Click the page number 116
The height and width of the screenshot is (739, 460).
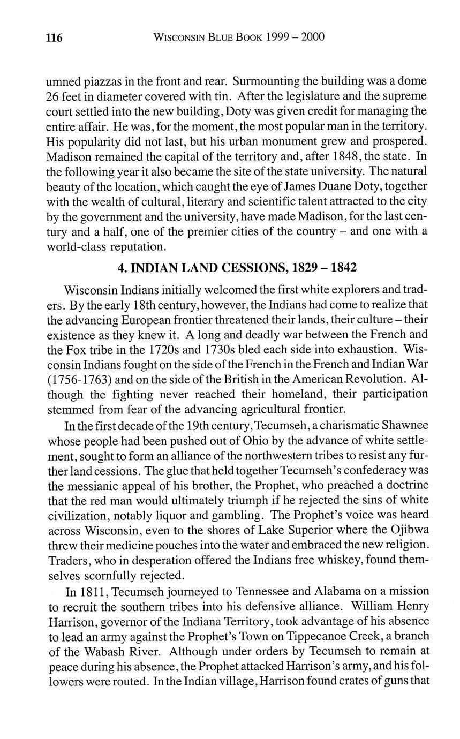[x=54, y=37]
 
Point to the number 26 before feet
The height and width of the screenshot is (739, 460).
[x=55, y=96]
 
